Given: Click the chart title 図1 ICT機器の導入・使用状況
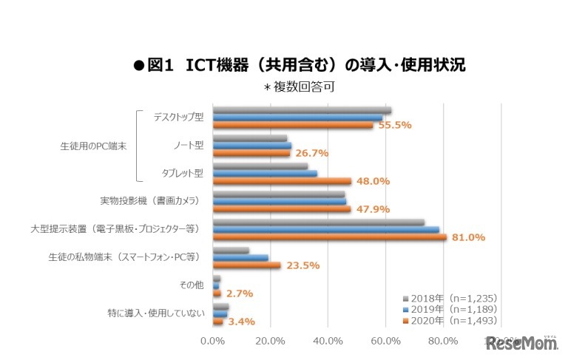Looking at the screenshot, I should coord(299,65).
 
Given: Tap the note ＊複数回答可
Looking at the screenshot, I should coord(299,86).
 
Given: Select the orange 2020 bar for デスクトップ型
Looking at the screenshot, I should coord(292,125).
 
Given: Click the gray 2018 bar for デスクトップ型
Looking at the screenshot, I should coord(302,110).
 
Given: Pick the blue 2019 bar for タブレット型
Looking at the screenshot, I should coord(265,174).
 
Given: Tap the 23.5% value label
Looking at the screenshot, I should coord(301,265).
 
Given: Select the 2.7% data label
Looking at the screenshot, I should coord(240,293).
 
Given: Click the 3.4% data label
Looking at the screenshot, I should coord(241,322).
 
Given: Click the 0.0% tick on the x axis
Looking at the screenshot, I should coord(213,341).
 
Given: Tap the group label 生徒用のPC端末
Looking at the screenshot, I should coord(93,146).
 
